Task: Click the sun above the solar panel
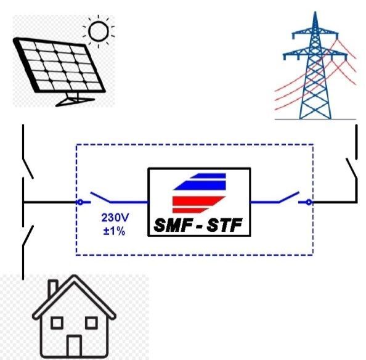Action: pyautogui.click(x=99, y=31)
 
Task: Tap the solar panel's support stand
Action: pyautogui.click(x=74, y=99)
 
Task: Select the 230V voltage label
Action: pyautogui.click(x=115, y=218)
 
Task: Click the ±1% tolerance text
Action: pyautogui.click(x=115, y=231)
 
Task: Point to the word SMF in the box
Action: pyautogui.click(x=173, y=225)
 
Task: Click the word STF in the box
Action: pyautogui.click(x=224, y=225)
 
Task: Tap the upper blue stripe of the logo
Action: pyautogui.click(x=208, y=176)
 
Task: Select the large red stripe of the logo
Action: pyautogui.click(x=198, y=201)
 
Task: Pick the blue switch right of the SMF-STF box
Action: pyautogui.click(x=289, y=197)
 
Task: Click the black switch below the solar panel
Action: pyautogui.click(x=28, y=168)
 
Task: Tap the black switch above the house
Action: pyautogui.click(x=28, y=235)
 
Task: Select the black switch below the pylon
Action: pyautogui.click(x=351, y=168)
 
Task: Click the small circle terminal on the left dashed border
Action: pyautogui.click(x=80, y=202)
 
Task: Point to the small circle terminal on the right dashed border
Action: pyautogui.click(x=309, y=202)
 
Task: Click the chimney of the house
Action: pyautogui.click(x=53, y=288)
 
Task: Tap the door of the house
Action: pyautogui.click(x=74, y=346)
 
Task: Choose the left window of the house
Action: pyautogui.click(x=57, y=323)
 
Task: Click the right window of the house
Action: pyautogui.click(x=91, y=323)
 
